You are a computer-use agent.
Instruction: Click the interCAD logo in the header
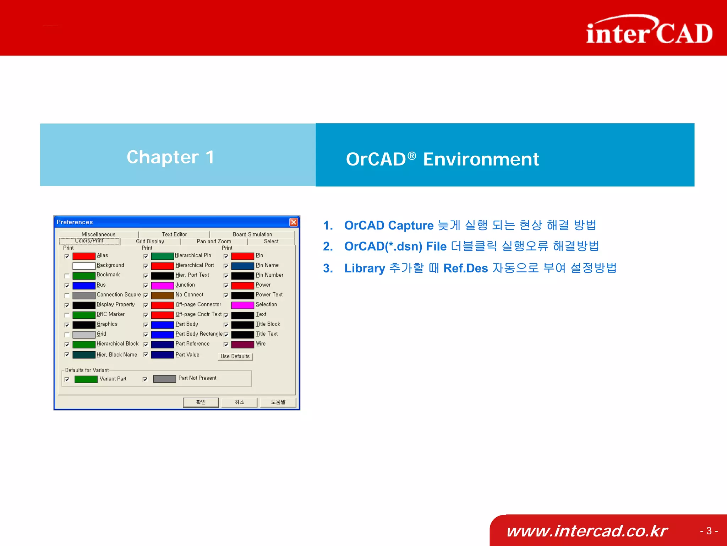pos(649,31)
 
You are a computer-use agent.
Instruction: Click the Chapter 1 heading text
pos(170,157)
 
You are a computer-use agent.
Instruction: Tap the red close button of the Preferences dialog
pos(294,222)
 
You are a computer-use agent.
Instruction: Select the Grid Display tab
pos(150,241)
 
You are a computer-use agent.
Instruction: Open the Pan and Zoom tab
pos(214,241)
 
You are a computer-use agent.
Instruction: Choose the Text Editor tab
pos(174,234)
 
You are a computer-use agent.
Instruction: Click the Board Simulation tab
pos(252,234)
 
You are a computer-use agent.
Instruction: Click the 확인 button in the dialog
pos(201,402)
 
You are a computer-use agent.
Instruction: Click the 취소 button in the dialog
pos(239,402)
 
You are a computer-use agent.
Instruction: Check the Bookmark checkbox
pos(67,276)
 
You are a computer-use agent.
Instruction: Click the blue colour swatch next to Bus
pos(84,286)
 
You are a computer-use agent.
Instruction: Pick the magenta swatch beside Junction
pos(162,286)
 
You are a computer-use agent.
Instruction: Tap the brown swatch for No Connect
pos(162,295)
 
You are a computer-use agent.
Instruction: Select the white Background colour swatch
pos(84,266)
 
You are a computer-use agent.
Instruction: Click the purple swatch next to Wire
pos(242,344)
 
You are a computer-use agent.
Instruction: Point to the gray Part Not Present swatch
pos(164,379)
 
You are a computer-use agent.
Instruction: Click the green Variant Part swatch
pos(86,379)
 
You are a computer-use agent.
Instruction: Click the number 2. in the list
pos(328,246)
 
